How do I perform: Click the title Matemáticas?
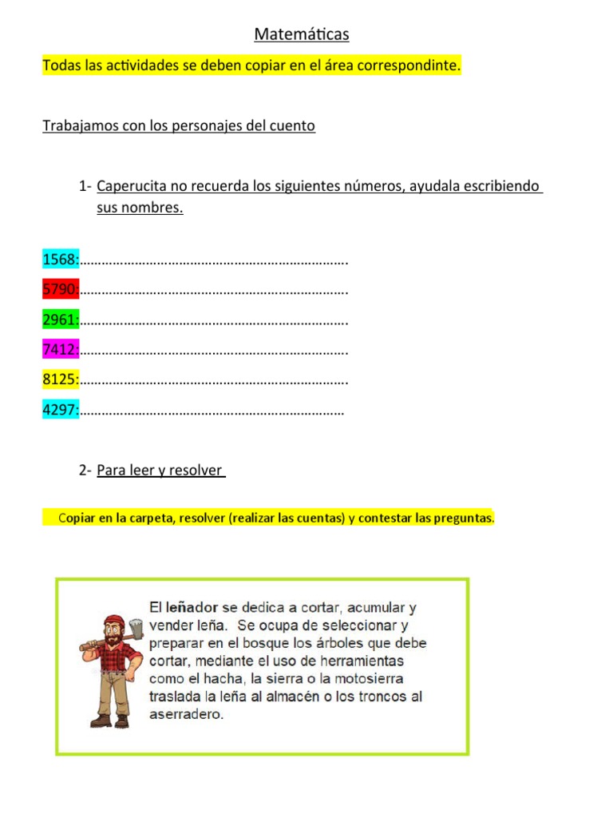(302, 34)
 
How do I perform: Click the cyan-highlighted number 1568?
(60, 260)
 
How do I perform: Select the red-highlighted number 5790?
(60, 290)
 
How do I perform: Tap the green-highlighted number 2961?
(60, 320)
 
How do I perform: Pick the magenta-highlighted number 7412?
(60, 350)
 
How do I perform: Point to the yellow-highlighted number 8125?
(60, 380)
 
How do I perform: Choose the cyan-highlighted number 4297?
(60, 411)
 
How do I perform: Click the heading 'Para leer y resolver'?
(160, 471)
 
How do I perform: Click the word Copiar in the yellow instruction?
(77, 518)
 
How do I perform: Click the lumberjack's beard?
(113, 641)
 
